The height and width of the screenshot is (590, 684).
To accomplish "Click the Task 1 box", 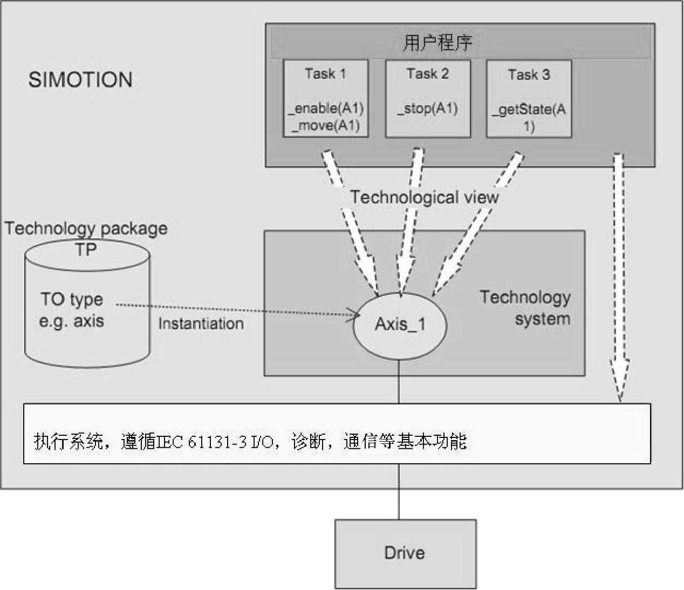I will click(326, 98).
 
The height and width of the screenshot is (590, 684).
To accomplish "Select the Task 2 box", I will click(427, 98).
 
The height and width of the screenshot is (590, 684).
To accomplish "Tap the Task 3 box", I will click(529, 98).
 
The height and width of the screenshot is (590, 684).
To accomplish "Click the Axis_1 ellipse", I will click(400, 325).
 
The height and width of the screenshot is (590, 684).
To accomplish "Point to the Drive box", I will click(405, 553).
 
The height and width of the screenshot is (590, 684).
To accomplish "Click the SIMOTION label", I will click(80, 80).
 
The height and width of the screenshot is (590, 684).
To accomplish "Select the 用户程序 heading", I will click(437, 43).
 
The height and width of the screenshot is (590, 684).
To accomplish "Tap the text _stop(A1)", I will click(427, 108).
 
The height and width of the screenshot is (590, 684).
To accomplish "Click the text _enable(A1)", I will click(326, 108).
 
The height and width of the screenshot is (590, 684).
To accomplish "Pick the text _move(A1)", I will click(326, 126).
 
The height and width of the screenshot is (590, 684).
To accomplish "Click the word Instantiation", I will click(201, 324).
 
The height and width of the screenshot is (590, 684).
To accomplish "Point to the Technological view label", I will click(425, 197).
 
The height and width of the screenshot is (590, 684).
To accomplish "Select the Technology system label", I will click(526, 307).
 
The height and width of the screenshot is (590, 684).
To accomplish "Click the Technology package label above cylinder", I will click(86, 229).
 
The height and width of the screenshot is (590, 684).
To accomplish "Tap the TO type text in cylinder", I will click(72, 299).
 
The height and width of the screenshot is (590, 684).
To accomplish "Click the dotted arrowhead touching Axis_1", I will click(356, 314).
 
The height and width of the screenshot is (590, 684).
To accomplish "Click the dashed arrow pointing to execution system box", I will click(619, 280).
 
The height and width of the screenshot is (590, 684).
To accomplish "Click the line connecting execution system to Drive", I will click(399, 491).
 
